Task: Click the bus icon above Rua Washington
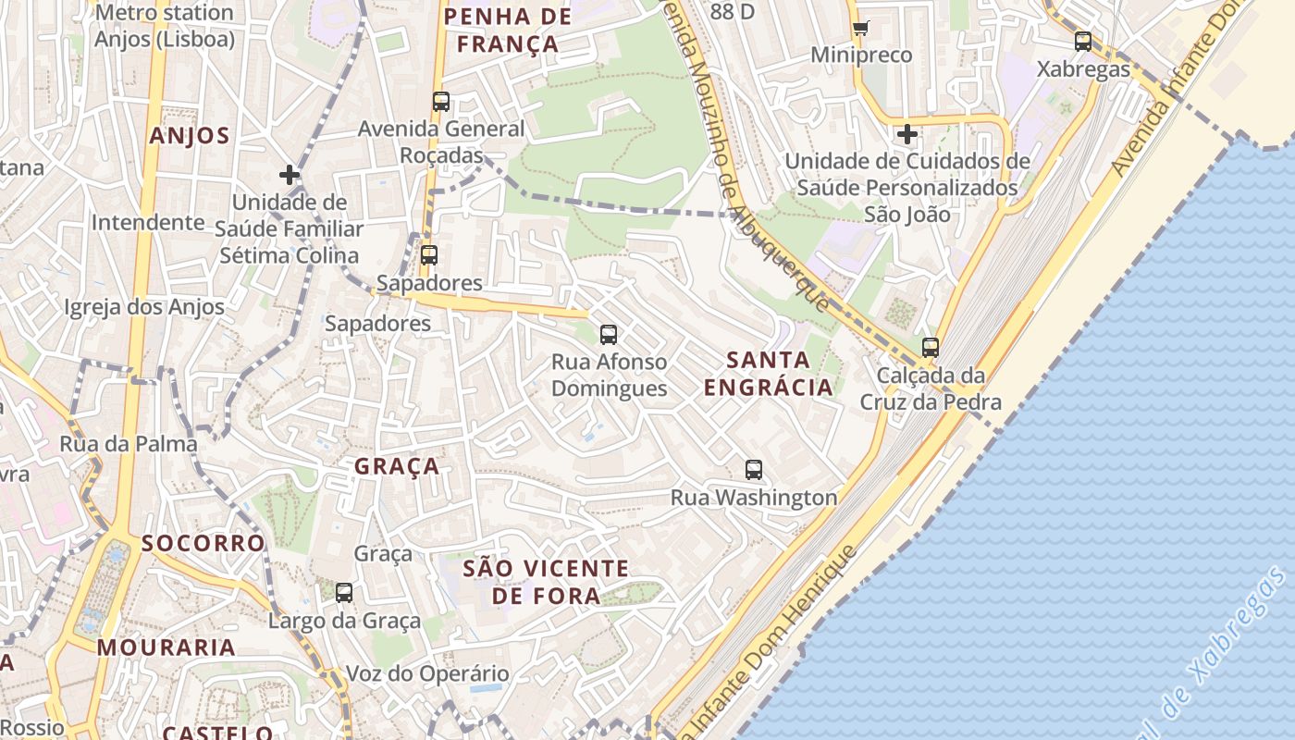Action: point(754,470)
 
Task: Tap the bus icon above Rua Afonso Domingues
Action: point(609,335)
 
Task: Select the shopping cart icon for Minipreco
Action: point(860,28)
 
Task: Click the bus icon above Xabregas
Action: point(1083,42)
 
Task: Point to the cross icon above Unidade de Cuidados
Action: point(907,134)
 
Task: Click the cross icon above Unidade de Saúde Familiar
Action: point(290,174)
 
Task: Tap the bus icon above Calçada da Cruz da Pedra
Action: point(931,348)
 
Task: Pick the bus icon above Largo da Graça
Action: point(344,593)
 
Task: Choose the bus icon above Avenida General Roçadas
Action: point(441,102)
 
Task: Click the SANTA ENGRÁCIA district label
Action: point(769,374)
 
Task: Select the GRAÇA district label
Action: point(397,467)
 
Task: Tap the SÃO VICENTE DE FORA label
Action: point(546,582)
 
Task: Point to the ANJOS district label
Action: point(190,136)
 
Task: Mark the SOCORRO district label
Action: point(203,543)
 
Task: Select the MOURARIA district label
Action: point(166,647)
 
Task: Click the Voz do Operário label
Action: point(427,673)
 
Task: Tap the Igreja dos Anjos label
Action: point(144,307)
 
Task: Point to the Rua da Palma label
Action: point(129,444)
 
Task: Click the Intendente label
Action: point(148,222)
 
